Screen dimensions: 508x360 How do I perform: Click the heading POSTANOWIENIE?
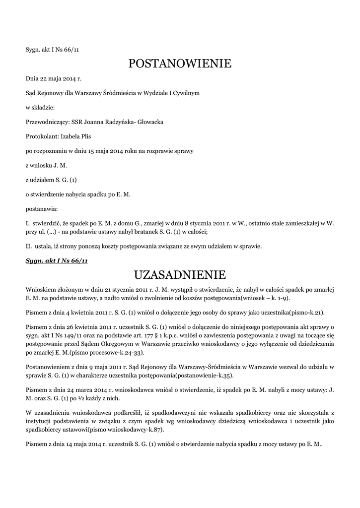click(x=180, y=63)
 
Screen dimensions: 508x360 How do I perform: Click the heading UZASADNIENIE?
click(x=180, y=274)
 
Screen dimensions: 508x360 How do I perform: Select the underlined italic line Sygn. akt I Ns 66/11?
click(x=57, y=261)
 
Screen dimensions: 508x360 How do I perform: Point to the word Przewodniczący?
click(x=45, y=122)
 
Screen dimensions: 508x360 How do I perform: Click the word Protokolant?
click(x=42, y=136)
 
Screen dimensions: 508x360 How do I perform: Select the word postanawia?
click(x=41, y=209)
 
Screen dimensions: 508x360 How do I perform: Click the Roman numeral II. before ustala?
click(x=28, y=246)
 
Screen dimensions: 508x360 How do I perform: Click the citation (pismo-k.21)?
click(x=299, y=312)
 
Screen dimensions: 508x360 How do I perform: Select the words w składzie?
click(x=40, y=107)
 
